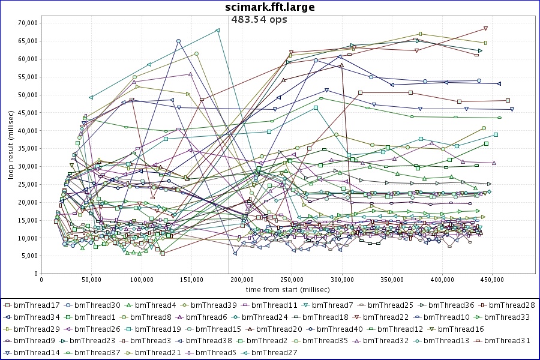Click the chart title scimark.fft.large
coord(270,7)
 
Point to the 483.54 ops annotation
coord(259,20)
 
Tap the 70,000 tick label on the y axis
coord(26,23)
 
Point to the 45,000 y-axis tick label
coord(26,113)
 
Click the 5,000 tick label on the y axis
coord(28,256)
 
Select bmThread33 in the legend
coord(508,317)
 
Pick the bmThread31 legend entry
coord(508,340)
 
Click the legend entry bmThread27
coord(274,352)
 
